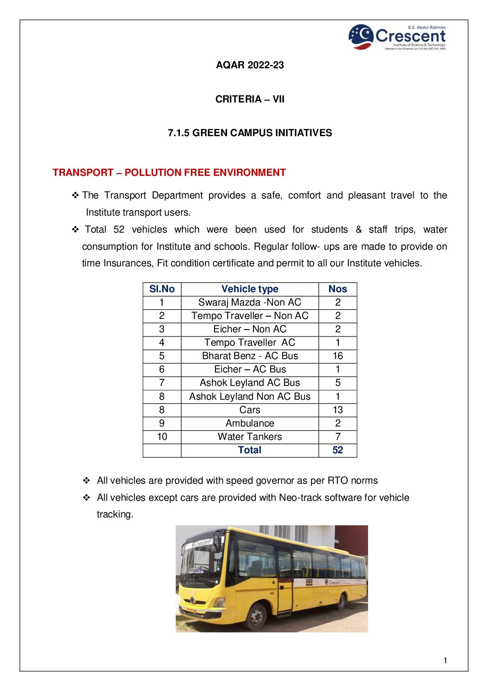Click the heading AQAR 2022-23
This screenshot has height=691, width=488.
(x=250, y=65)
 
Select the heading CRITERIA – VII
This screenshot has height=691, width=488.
(x=250, y=99)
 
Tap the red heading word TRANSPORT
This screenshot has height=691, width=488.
(x=83, y=173)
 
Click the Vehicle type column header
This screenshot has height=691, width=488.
(x=250, y=289)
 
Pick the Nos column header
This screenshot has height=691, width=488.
(x=338, y=289)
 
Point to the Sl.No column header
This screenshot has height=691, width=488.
(x=162, y=289)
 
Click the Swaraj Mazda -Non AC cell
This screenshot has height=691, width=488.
(x=250, y=302)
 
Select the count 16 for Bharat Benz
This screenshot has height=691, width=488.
(x=338, y=356)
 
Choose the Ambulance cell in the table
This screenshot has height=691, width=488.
(x=250, y=423)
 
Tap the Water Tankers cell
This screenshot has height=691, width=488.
(x=250, y=437)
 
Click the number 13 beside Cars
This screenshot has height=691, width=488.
(x=338, y=410)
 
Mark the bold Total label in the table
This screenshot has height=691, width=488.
(x=250, y=450)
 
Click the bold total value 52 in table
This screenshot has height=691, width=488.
(x=338, y=450)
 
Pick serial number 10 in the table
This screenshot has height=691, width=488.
(x=162, y=437)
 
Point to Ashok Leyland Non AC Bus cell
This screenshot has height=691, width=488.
(x=250, y=397)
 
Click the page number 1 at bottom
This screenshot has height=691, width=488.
(x=445, y=661)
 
